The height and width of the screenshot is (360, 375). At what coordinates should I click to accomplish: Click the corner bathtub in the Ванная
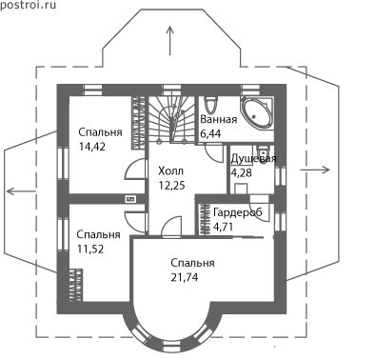coord(257,111)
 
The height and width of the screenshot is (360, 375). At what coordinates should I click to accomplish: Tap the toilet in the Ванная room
coord(210,104)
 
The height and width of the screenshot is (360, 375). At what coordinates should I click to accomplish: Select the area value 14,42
coord(92,147)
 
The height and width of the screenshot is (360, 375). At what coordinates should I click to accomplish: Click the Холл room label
coord(171,171)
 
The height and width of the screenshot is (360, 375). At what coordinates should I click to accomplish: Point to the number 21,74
coord(185,277)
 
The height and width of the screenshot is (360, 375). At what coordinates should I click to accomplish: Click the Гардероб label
coord(238,212)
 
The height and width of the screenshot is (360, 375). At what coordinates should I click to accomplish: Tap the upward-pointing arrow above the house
coord(170,41)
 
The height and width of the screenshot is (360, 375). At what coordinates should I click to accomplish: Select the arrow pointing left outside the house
coord(21,191)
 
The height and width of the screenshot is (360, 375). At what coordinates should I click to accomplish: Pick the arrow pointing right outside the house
coord(315,170)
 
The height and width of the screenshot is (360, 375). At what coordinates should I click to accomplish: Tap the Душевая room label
coord(253,159)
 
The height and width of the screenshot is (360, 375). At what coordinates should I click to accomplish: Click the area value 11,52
coord(90,249)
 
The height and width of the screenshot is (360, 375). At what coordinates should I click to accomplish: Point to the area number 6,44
coord(210,133)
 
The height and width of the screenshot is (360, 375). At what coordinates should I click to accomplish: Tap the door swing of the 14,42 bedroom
coord(136,169)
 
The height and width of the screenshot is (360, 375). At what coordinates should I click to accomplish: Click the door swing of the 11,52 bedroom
coord(136,222)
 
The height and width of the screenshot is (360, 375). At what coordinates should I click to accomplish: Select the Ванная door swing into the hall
coord(213,153)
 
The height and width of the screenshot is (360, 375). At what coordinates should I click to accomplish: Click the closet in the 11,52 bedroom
coord(76,285)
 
